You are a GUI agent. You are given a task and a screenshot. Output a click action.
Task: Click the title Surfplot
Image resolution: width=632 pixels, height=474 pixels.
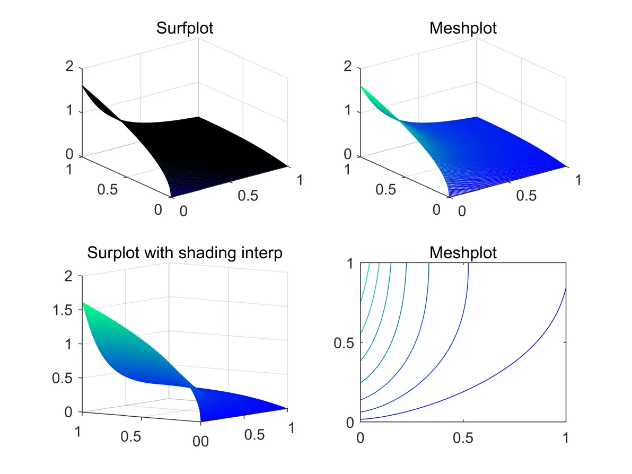point(185,28)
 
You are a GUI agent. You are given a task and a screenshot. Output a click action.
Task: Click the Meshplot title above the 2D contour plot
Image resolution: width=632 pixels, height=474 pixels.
point(463,252)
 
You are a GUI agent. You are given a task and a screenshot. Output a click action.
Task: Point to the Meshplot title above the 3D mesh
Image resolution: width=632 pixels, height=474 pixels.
point(463,28)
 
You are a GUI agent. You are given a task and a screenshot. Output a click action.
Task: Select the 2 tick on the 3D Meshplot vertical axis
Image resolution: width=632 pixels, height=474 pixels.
point(348,67)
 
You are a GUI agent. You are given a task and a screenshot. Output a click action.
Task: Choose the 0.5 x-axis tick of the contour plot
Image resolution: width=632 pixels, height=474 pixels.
point(463,438)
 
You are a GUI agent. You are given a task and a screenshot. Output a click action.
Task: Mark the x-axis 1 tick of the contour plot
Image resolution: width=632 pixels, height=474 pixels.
point(566,438)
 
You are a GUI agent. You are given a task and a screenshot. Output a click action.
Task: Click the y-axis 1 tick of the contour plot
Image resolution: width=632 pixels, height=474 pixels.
point(350,263)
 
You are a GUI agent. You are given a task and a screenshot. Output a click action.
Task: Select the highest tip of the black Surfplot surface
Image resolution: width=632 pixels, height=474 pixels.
point(84,86)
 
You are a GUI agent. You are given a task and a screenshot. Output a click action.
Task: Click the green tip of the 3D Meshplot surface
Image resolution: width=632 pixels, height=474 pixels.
point(362,88)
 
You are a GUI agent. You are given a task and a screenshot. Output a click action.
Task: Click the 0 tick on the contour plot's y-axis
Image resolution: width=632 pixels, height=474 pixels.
point(350,423)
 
